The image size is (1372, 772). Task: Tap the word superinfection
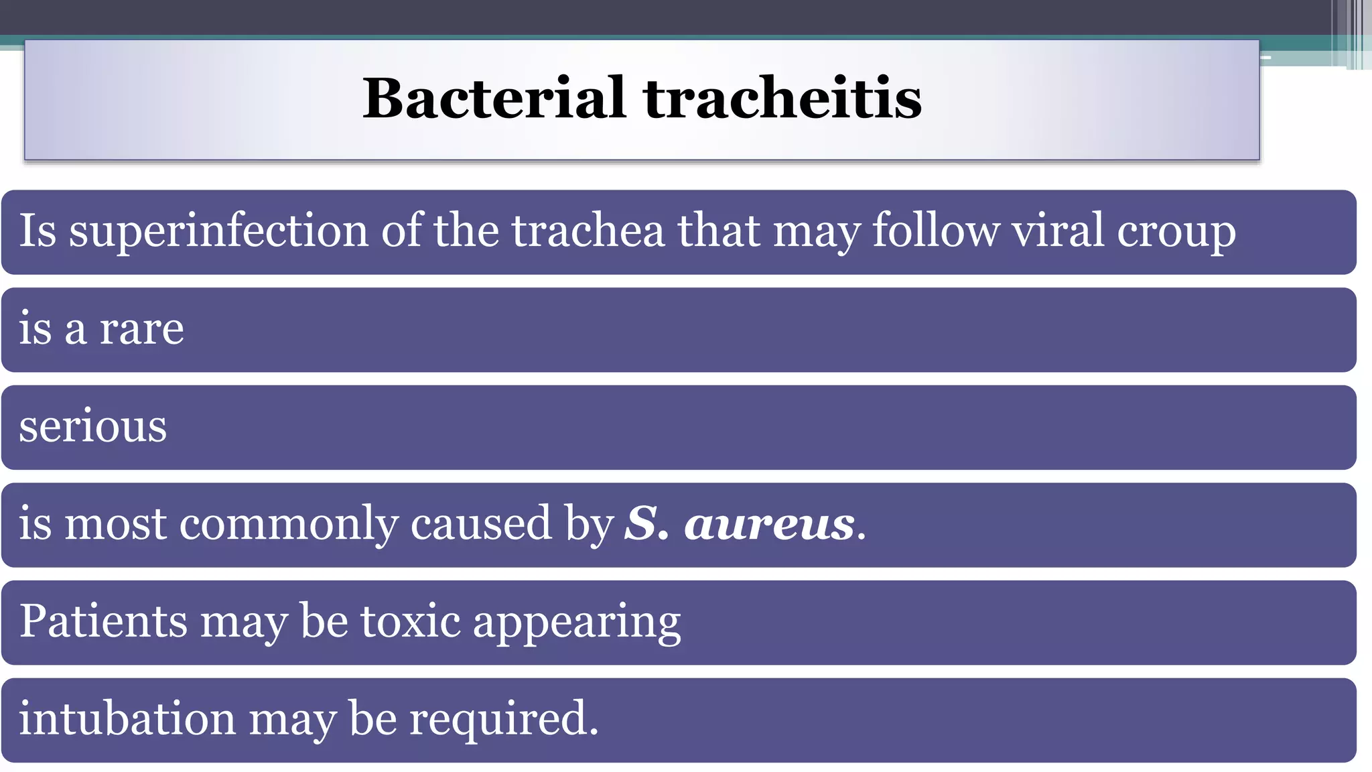[218, 231]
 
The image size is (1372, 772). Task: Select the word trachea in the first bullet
[588, 231]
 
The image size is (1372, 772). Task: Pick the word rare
[141, 330]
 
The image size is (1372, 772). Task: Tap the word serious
[92, 427]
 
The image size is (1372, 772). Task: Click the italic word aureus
[770, 524]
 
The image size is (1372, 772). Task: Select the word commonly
[289, 524]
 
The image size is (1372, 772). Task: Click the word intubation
[127, 718]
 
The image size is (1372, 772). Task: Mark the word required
[503, 720]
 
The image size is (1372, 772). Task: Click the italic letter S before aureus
[640, 524]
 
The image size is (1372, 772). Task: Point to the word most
[115, 524]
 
